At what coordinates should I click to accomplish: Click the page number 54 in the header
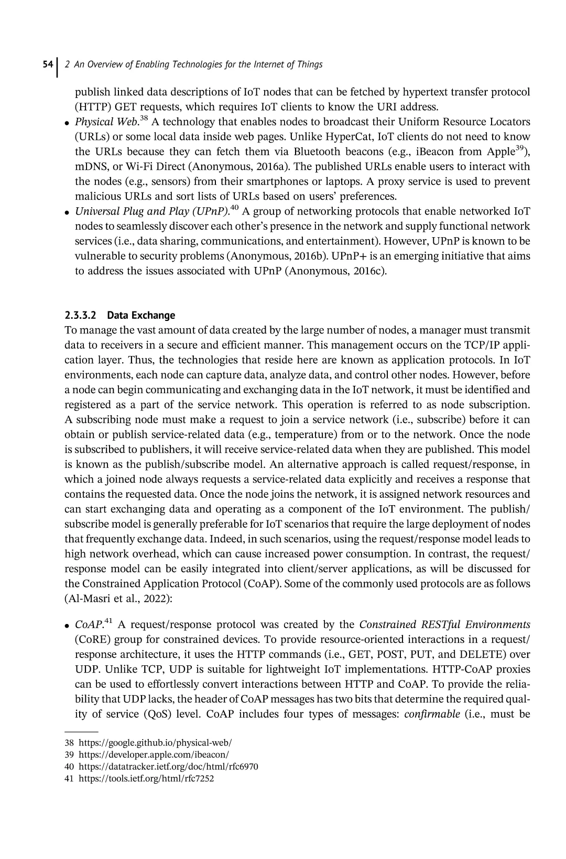pyautogui.click(x=47, y=65)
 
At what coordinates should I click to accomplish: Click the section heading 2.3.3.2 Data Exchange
pyautogui.click(x=119, y=316)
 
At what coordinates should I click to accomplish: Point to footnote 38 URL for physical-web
pyautogui.click(x=155, y=743)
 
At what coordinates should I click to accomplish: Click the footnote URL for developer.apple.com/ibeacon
pyautogui.click(x=153, y=755)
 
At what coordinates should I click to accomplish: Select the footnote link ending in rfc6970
pyautogui.click(x=168, y=767)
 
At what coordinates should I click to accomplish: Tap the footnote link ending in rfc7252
pyautogui.click(x=146, y=779)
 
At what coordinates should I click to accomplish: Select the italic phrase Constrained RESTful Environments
pyautogui.click(x=444, y=625)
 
